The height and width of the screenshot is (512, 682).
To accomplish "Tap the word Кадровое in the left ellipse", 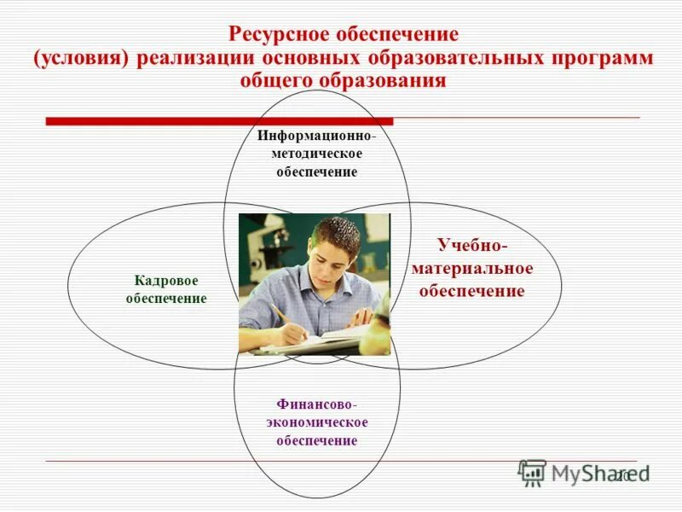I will (x=166, y=281).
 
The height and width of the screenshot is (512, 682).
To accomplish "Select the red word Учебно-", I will (x=472, y=246).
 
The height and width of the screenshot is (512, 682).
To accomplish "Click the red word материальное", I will (x=472, y=269).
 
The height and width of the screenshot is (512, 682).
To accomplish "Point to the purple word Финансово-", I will (x=316, y=404).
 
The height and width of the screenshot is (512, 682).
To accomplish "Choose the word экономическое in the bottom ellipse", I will (x=316, y=422).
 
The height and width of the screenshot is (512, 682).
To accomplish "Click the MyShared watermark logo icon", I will (x=532, y=473).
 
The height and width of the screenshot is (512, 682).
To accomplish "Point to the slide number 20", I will (x=623, y=475).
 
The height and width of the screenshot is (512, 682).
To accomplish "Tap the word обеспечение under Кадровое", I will (x=166, y=299).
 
